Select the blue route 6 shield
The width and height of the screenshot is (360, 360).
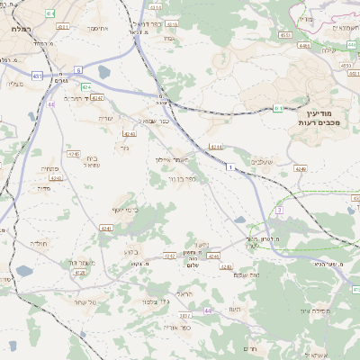(78, 69)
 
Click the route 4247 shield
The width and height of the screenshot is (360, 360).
(97, 97)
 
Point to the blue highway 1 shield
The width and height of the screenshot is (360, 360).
(230, 167)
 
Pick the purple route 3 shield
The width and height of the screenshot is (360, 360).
(279, 209)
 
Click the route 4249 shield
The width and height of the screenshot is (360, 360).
(300, 168)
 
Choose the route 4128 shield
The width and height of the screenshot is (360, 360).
(79, 272)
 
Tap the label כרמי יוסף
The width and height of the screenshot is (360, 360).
(125, 210)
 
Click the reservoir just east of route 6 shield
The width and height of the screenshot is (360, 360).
(103, 72)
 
